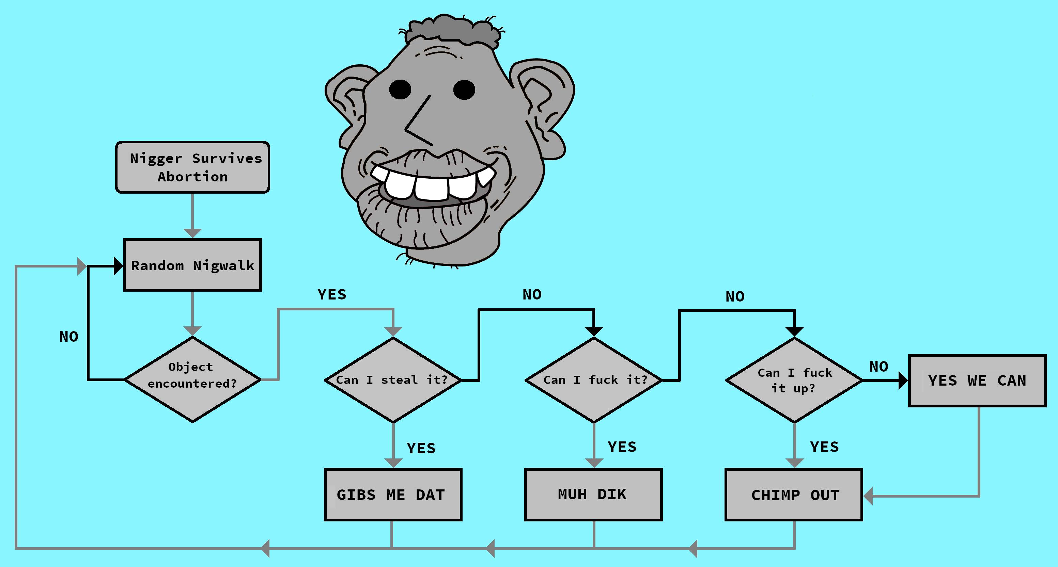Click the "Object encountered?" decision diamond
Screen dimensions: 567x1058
pos(192,379)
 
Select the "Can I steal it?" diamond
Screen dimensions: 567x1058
pos(393,380)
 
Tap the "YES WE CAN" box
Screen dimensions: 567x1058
pos(977,381)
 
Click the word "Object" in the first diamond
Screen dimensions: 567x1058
pos(190,367)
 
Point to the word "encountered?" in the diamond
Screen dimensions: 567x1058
pos(192,384)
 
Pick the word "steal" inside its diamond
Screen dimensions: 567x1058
pos(399,380)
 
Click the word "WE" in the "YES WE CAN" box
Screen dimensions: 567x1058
pos(977,381)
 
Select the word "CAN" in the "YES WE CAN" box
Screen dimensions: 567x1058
pos(1012,381)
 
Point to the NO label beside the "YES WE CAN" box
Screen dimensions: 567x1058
pos(878,367)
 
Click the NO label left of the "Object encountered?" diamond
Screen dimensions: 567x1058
pos(68,337)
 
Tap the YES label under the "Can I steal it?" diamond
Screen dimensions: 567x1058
pos(421,448)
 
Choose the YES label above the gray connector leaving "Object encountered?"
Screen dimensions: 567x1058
pos(332,294)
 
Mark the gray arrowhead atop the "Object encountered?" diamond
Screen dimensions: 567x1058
pos(192,331)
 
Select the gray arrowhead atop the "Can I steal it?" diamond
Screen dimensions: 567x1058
pos(393,331)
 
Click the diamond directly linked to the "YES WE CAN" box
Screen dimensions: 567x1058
pos(794,380)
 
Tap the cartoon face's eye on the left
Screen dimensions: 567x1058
pos(400,90)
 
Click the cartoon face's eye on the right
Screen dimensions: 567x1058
pos(464,90)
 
